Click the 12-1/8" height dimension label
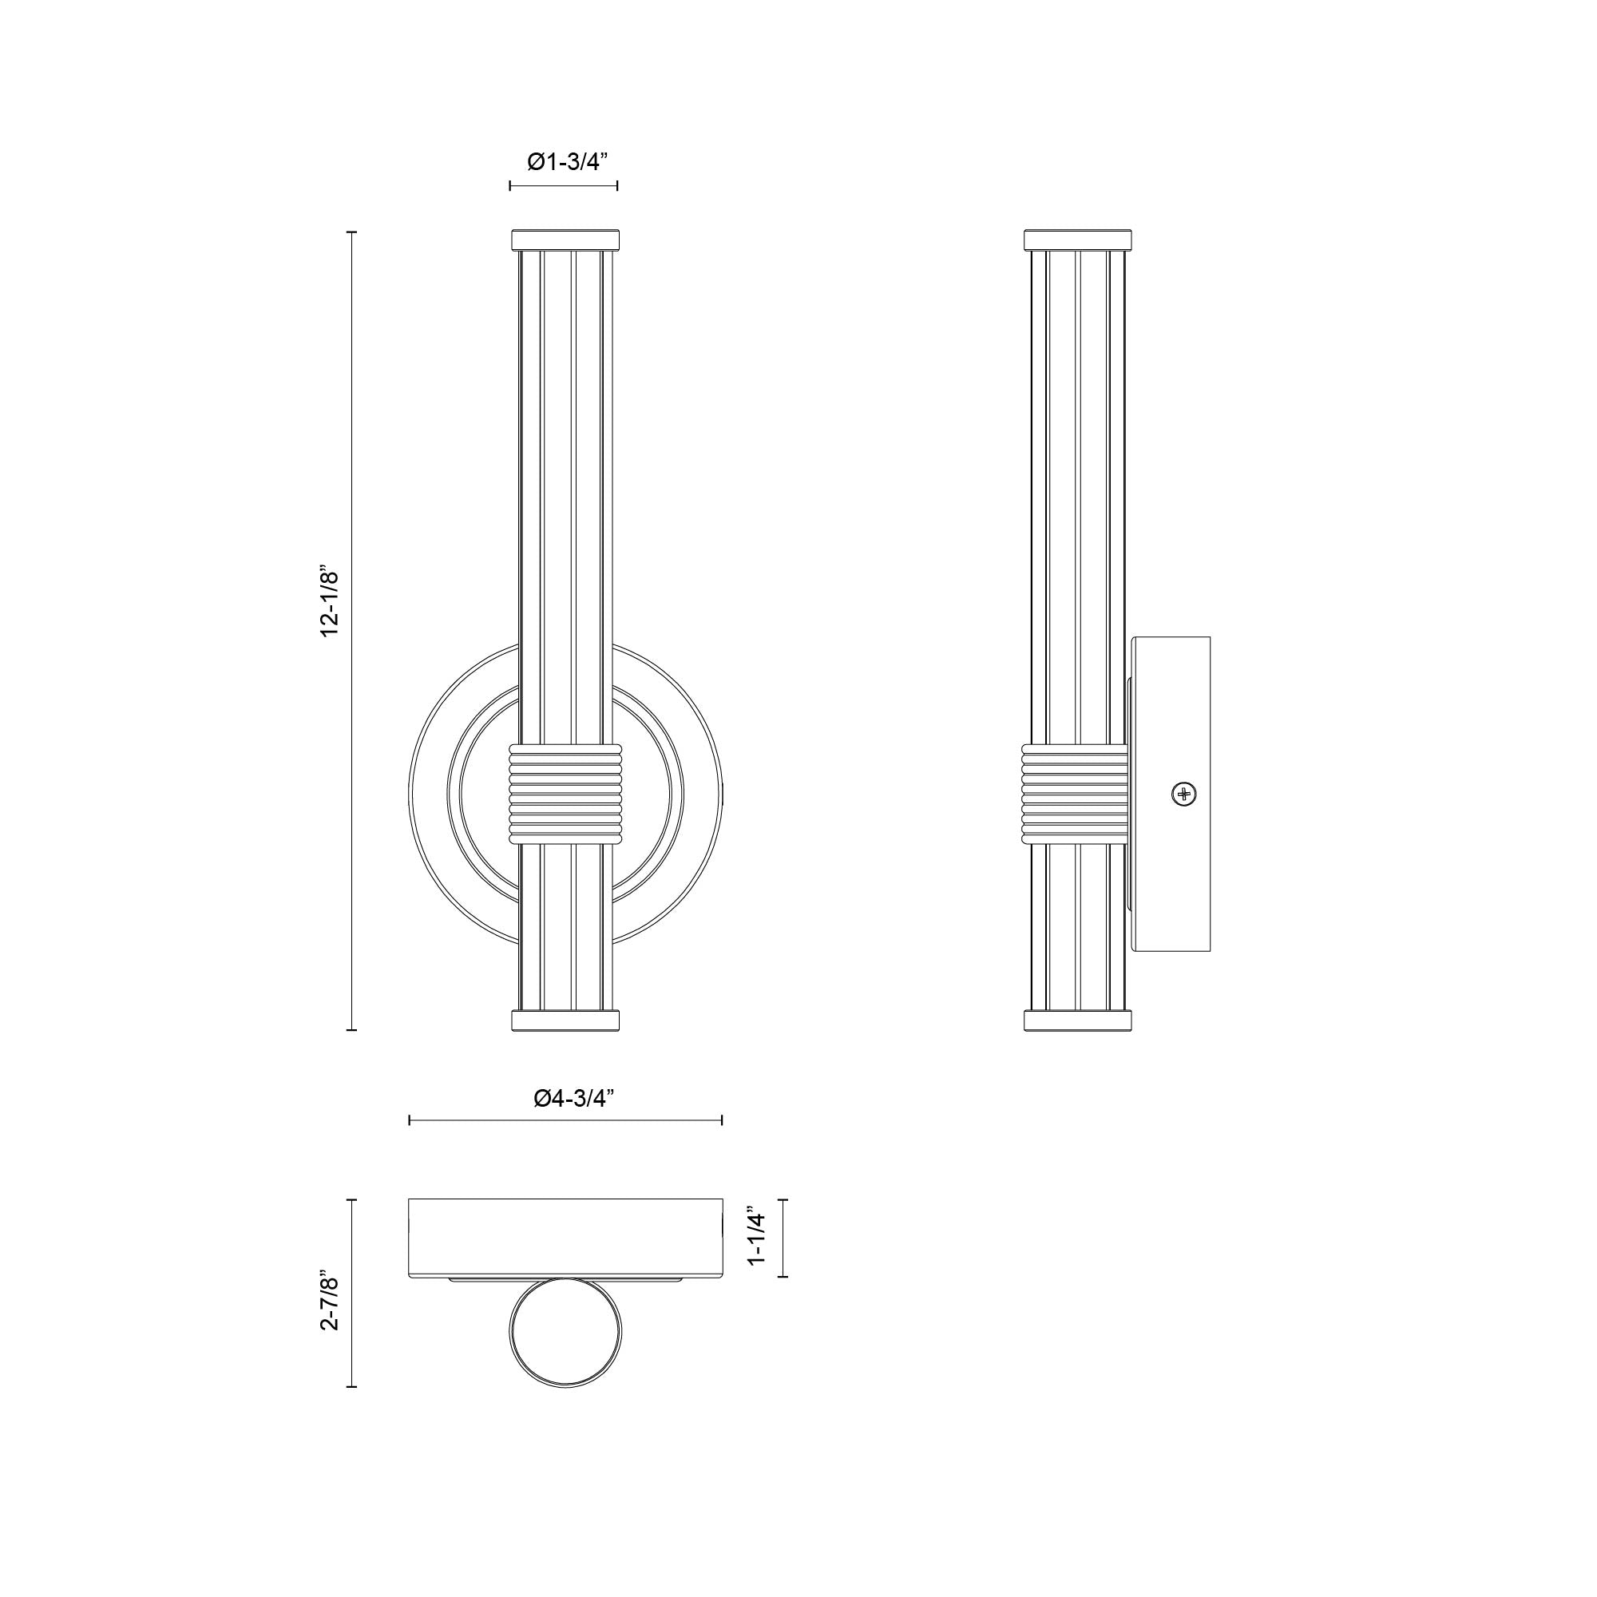pyautogui.click(x=331, y=602)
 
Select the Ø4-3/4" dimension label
pyautogui.click(x=573, y=1098)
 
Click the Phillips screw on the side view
pyautogui.click(x=1183, y=795)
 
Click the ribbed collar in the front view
pyautogui.click(x=565, y=794)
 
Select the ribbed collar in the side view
pyautogui.click(x=1075, y=794)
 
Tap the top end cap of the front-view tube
pyautogui.click(x=565, y=240)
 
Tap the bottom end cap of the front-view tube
pyautogui.click(x=565, y=1020)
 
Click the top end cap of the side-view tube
pyautogui.click(x=1077, y=240)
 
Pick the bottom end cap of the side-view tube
pyautogui.click(x=1077, y=1020)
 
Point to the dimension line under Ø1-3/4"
pyautogui.click(x=564, y=186)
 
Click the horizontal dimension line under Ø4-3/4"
pyautogui.click(x=565, y=1120)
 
